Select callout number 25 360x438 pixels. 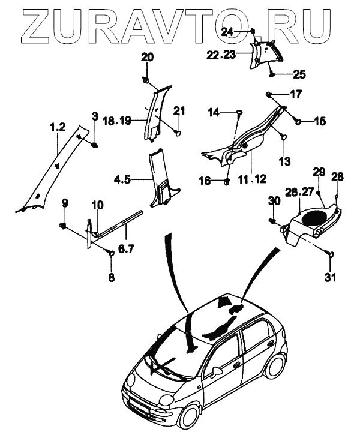point(298,74)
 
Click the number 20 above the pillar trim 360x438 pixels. point(147,58)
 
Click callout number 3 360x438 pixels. point(95,115)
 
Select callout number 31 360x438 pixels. point(331,277)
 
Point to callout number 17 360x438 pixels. point(296,94)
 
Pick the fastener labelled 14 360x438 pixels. point(239,112)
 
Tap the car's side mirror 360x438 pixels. point(213,371)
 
